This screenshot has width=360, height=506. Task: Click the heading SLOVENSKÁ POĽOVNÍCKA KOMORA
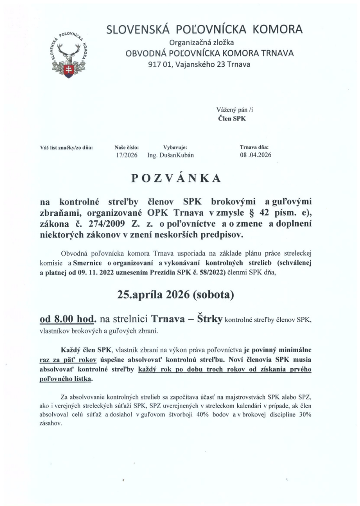(x=204, y=30)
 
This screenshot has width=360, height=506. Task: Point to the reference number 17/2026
(x=127, y=155)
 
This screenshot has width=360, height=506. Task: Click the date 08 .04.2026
(x=256, y=155)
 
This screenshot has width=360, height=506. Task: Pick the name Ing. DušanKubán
(x=172, y=155)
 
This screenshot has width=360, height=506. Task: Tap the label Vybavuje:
(x=175, y=147)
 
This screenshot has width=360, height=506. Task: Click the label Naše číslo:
(x=127, y=147)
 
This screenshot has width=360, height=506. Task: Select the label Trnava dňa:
(x=254, y=147)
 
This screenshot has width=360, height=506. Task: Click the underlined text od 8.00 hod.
(x=68, y=320)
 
